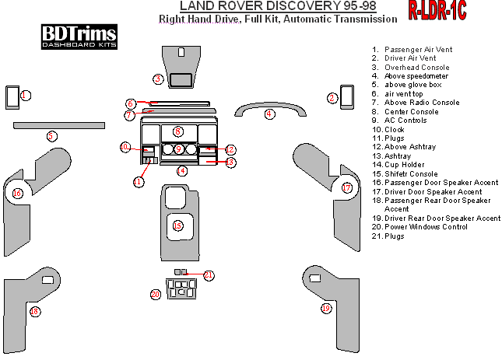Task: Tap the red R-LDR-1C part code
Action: coord(437,10)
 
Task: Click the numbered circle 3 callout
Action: coord(158,79)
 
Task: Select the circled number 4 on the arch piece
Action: coord(269,114)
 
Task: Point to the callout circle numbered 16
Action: coord(17,193)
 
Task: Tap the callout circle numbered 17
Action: coord(347,188)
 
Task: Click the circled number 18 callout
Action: coord(34,311)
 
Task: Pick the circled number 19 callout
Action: coord(326,309)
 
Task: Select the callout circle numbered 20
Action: coord(156,294)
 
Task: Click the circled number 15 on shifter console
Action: coord(177,226)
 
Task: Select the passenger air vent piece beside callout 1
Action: coord(12,96)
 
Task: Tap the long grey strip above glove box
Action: coord(58,124)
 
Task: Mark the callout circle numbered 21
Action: coord(209,275)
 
